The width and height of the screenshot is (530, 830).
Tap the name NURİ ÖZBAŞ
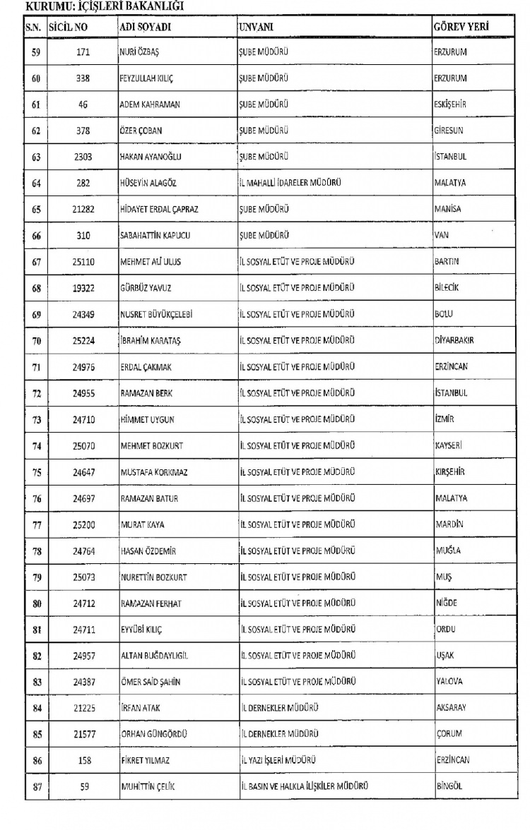pyautogui.click(x=140, y=52)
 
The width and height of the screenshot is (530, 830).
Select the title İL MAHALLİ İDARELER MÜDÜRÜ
pyautogui.click(x=291, y=183)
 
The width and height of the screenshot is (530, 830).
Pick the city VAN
pyautogui.click(x=441, y=236)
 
